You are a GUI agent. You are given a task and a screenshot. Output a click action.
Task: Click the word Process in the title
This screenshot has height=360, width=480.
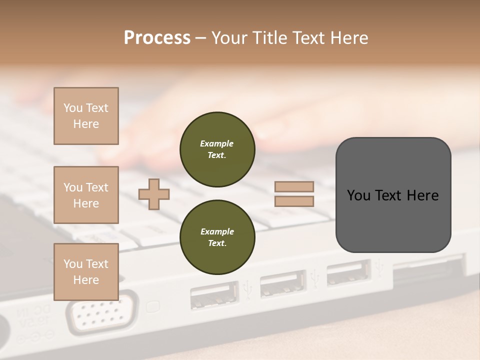point(157,38)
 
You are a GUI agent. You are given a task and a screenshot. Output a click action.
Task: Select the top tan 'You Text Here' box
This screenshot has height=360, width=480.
point(86,116)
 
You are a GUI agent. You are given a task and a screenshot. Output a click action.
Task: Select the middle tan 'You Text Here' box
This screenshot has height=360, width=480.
point(86,195)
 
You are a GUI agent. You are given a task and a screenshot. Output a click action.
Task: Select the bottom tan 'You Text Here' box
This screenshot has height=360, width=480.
point(86,271)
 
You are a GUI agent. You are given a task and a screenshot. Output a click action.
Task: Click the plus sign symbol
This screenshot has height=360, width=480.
point(154,194)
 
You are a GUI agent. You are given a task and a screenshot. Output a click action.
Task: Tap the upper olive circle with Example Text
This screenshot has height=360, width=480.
point(217,149)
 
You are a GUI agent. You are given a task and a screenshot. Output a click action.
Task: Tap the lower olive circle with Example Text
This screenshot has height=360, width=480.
point(217,237)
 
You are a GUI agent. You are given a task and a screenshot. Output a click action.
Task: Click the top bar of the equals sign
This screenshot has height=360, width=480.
point(294,186)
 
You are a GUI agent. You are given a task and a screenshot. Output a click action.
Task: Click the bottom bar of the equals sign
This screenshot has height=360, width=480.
point(294,201)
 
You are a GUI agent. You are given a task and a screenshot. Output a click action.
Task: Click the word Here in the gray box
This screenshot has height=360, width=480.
point(422,195)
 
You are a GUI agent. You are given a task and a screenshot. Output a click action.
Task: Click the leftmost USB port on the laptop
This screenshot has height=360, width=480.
point(214,296)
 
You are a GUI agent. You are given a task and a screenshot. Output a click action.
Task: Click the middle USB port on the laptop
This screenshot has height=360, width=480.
point(283,283)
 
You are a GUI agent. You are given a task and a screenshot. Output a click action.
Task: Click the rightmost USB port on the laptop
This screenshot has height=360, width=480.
point(348,273)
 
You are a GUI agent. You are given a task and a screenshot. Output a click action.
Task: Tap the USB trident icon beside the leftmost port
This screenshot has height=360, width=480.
point(247,289)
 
